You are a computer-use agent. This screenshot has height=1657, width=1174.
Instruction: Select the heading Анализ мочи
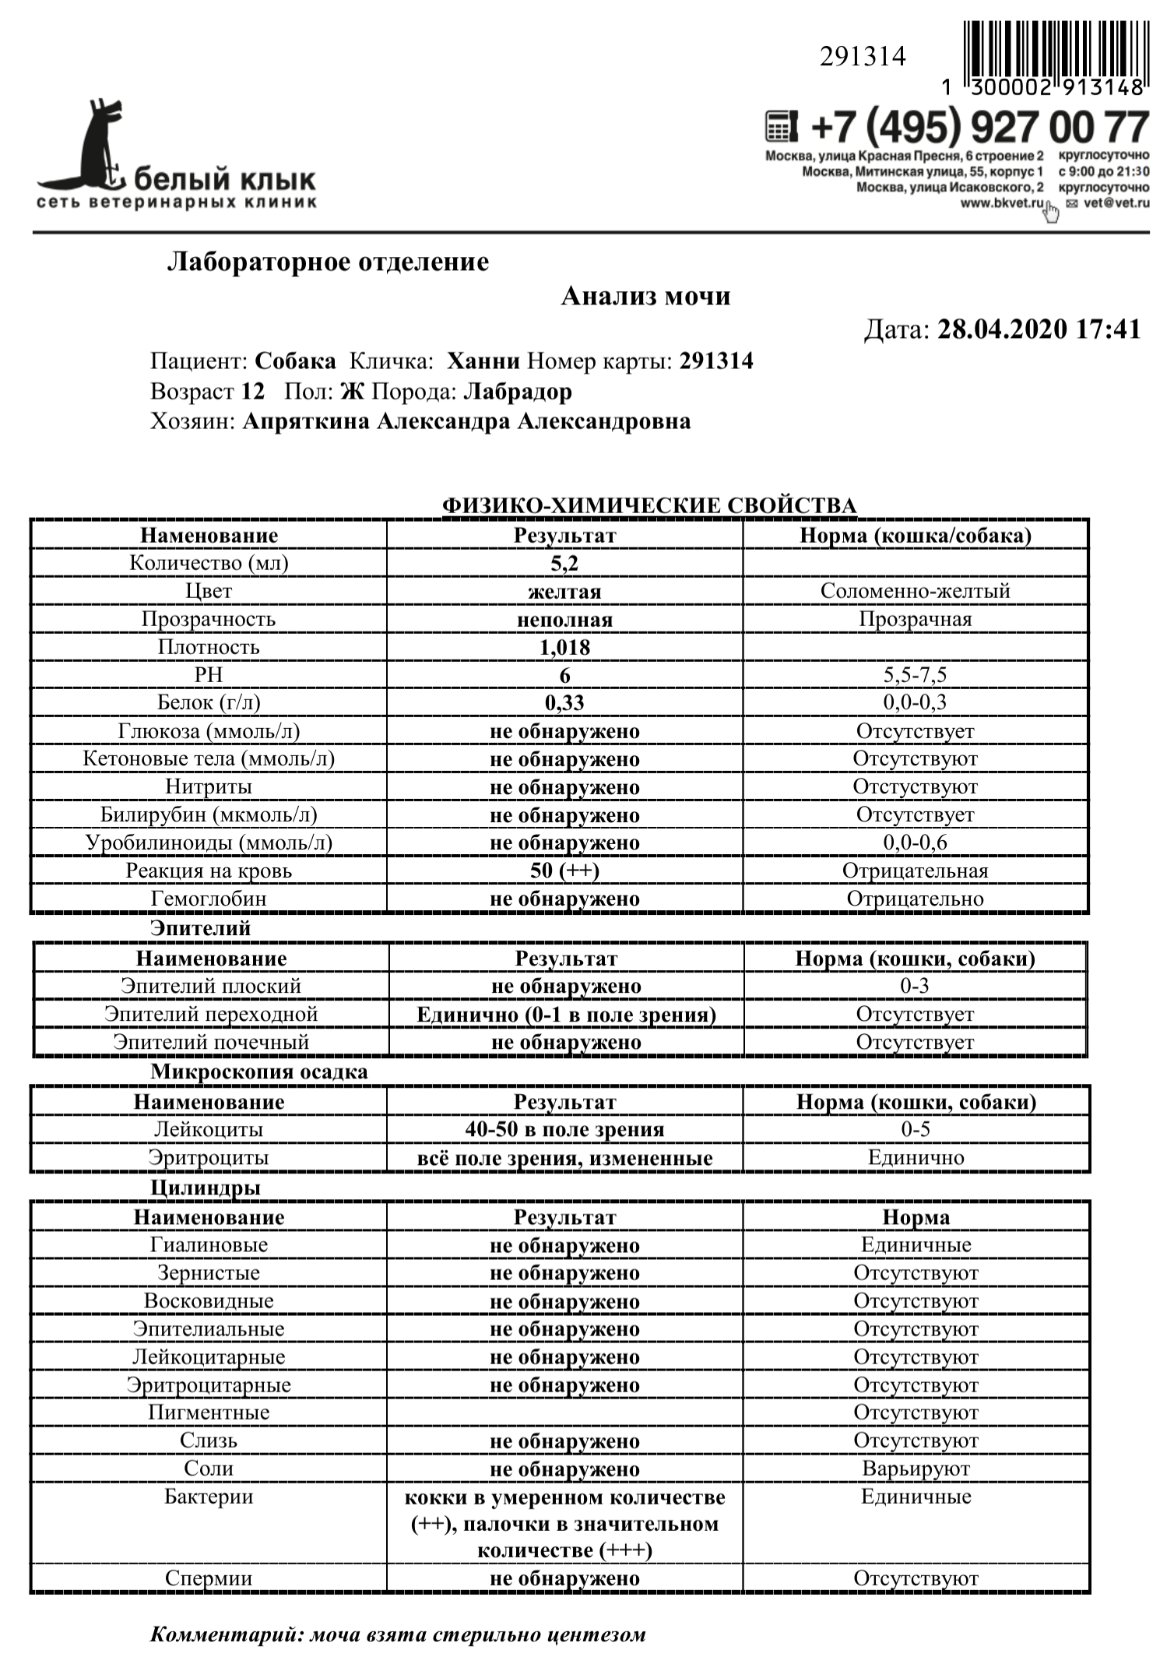[645, 297]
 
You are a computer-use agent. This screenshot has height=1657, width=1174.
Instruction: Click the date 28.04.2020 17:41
[1039, 329]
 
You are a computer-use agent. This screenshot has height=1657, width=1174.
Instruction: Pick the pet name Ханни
[483, 361]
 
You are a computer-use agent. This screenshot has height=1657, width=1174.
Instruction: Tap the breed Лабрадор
[517, 392]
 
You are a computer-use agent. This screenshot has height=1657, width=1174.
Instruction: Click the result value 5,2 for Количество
[564, 563]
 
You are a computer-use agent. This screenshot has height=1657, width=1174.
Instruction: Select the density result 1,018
[564, 647]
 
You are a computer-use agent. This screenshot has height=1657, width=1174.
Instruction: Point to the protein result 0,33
[564, 703]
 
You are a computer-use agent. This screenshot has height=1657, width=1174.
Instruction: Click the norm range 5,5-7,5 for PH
[915, 675]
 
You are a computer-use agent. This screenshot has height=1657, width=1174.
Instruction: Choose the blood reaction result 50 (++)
[564, 871]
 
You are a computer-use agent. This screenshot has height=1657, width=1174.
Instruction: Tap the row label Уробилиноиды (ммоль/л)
[209, 843]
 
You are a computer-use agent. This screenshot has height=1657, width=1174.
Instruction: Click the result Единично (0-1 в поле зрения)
[566, 1015]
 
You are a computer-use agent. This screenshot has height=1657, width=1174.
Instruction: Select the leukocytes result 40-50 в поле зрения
[564, 1130]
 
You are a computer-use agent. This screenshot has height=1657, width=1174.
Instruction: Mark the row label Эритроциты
[209, 1158]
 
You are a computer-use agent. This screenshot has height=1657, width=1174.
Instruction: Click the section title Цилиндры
[205, 1187]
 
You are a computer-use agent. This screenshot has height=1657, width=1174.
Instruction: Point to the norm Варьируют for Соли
[916, 1469]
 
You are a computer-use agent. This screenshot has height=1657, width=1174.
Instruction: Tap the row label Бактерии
[209, 1497]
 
